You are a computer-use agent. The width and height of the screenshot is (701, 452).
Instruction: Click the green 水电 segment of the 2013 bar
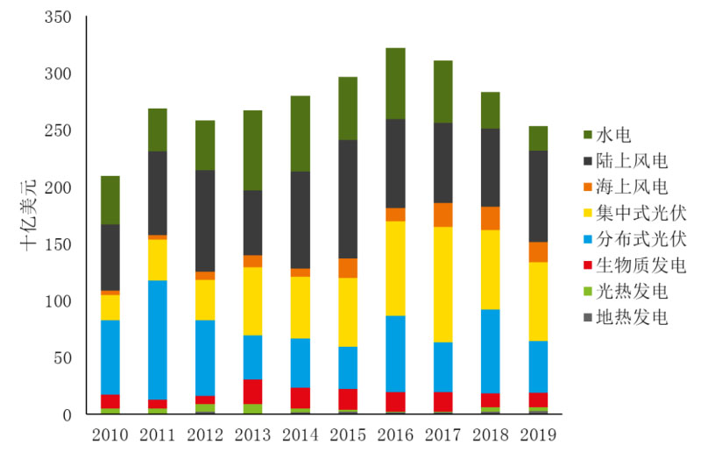(253, 150)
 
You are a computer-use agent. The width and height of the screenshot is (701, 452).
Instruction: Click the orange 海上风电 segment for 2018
(490, 218)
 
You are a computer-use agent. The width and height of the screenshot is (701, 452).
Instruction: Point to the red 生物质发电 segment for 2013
(253, 392)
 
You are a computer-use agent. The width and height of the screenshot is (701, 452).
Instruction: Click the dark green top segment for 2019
(537, 138)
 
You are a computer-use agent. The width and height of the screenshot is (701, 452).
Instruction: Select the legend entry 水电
(612, 135)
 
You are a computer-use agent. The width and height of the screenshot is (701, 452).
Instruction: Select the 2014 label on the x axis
(301, 434)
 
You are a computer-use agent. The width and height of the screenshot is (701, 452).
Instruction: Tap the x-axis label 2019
(537, 434)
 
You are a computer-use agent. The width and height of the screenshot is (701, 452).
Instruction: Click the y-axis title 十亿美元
(29, 215)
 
